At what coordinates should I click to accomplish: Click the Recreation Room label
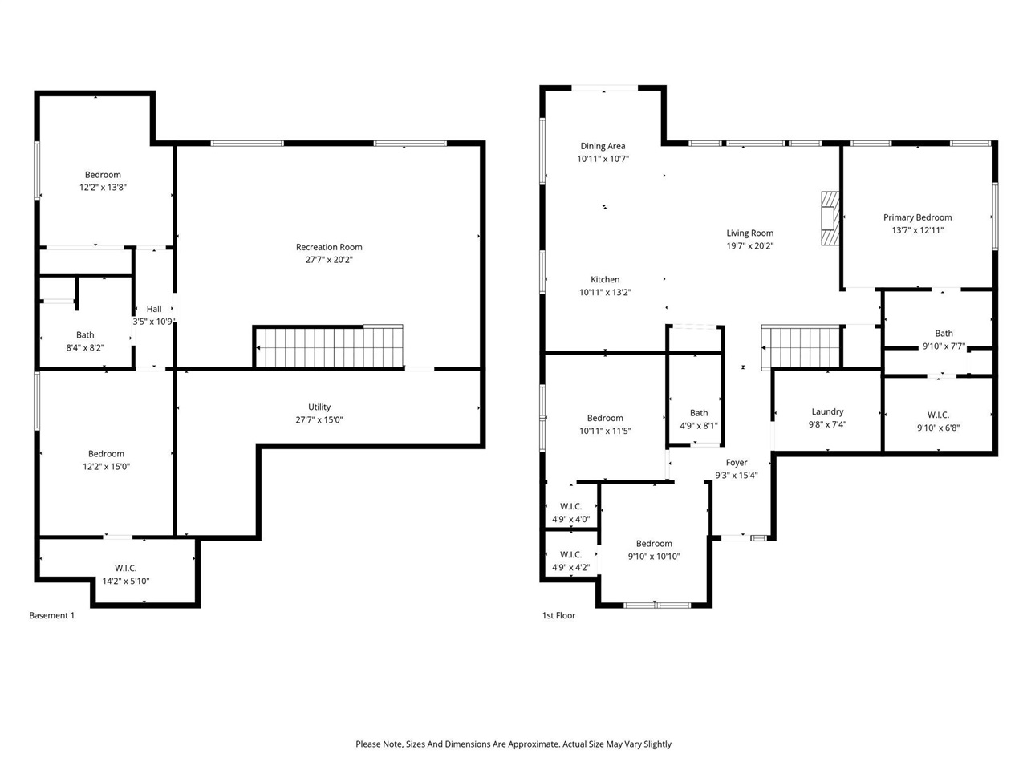click(x=329, y=247)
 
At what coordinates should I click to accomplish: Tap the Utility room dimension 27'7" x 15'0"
click(x=319, y=419)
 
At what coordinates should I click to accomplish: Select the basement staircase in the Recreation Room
click(x=329, y=346)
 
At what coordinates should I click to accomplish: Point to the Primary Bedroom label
click(x=917, y=217)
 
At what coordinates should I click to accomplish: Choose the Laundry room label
click(x=827, y=412)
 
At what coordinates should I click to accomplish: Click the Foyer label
click(x=737, y=463)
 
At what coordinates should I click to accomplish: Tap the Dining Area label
click(x=603, y=146)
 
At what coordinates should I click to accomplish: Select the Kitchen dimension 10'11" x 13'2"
click(x=605, y=293)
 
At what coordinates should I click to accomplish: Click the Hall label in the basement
click(x=154, y=309)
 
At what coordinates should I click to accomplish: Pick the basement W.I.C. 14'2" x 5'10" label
click(x=126, y=581)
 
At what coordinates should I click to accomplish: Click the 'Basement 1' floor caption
click(x=51, y=616)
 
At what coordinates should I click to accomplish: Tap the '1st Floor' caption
click(x=558, y=616)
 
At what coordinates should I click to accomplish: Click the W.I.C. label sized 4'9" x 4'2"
click(x=570, y=555)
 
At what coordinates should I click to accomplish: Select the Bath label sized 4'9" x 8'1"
click(x=699, y=413)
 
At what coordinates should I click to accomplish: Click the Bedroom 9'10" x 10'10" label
click(x=654, y=544)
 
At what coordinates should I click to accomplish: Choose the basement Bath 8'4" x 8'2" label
click(x=85, y=335)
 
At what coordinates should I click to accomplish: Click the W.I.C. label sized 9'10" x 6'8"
click(x=938, y=415)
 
